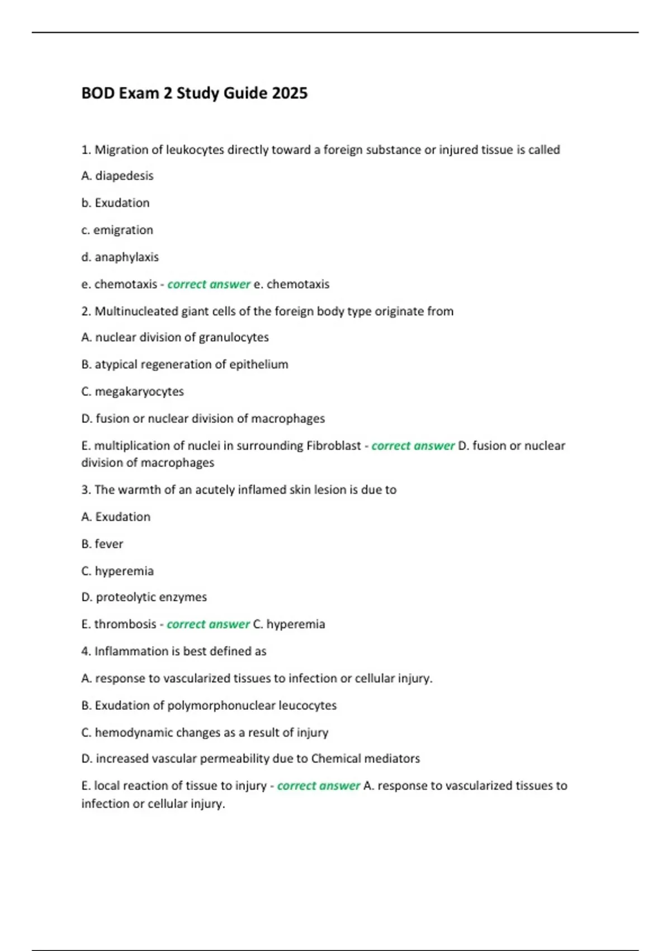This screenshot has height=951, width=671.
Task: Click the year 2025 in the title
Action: (290, 93)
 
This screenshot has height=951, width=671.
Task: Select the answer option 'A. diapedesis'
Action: (117, 176)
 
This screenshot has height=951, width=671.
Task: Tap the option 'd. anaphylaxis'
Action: (120, 257)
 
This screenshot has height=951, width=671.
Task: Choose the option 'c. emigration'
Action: (117, 230)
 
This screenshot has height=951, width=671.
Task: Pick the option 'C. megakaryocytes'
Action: (133, 392)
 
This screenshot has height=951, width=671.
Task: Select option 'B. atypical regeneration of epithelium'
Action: (185, 365)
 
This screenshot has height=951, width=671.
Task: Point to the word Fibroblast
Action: (333, 446)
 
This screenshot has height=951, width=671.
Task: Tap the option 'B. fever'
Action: (102, 544)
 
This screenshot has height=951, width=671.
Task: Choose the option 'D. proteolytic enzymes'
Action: (144, 597)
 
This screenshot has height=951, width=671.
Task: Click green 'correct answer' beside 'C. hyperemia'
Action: (208, 624)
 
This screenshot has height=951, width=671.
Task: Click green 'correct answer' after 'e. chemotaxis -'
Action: (209, 284)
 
